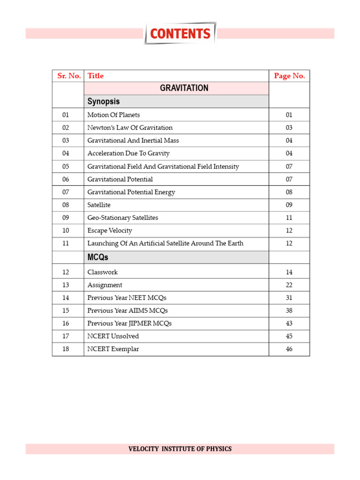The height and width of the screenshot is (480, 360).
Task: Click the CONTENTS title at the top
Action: click(180, 34)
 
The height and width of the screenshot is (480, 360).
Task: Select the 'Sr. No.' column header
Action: click(69, 76)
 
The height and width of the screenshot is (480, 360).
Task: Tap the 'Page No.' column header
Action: click(289, 76)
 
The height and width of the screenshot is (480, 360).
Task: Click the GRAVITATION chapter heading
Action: click(184, 88)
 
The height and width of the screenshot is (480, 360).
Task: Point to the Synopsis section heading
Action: click(104, 101)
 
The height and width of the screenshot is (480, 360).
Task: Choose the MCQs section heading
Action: click(98, 257)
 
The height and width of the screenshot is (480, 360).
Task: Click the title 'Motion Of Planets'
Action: click(113, 115)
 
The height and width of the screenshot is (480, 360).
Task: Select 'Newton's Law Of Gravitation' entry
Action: click(130, 127)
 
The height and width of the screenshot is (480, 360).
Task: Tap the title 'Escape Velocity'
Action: click(110, 231)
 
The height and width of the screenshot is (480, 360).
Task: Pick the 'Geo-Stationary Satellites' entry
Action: click(123, 217)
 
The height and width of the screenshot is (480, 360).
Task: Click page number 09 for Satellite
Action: click(289, 205)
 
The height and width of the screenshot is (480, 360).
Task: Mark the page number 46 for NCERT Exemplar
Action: click(289, 349)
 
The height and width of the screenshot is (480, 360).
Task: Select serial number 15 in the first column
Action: click(65, 311)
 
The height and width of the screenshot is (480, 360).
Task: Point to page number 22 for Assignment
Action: click(289, 285)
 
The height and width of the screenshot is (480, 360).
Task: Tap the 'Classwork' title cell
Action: click(102, 272)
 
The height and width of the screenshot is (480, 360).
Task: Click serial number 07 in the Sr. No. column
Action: click(65, 192)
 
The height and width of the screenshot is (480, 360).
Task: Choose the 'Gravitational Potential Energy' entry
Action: click(131, 192)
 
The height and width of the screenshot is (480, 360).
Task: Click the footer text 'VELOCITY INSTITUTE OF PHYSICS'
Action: click(180, 449)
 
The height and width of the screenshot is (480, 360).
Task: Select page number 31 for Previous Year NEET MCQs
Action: click(289, 298)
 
